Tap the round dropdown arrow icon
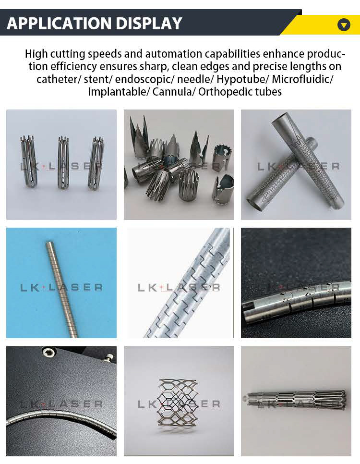coord(344,24)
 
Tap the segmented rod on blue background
coord(61,283)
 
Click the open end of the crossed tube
coord(254,202)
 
